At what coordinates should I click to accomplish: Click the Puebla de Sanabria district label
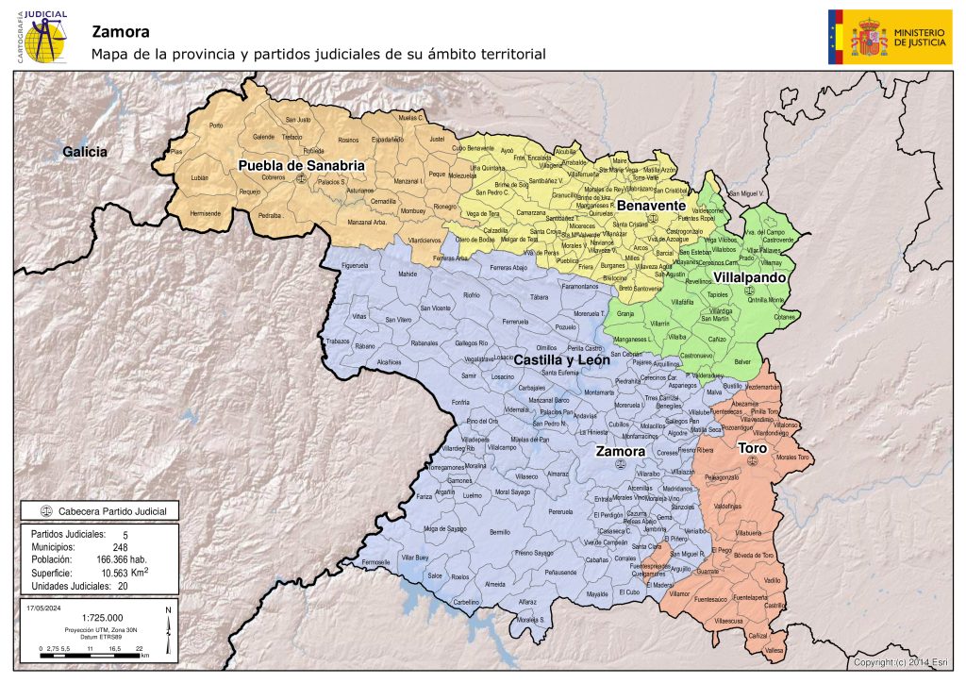point(301,165)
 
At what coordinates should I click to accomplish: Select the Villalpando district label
point(751,278)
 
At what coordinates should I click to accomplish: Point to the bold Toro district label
point(751,446)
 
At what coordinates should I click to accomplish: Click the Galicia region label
point(85,151)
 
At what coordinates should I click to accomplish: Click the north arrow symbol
point(168,633)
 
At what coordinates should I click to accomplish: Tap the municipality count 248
point(121,546)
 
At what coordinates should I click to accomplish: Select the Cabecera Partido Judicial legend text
point(112,511)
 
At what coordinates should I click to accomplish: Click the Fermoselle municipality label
point(375,562)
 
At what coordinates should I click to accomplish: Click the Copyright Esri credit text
point(905,663)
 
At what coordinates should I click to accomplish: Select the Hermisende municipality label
point(205,213)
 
